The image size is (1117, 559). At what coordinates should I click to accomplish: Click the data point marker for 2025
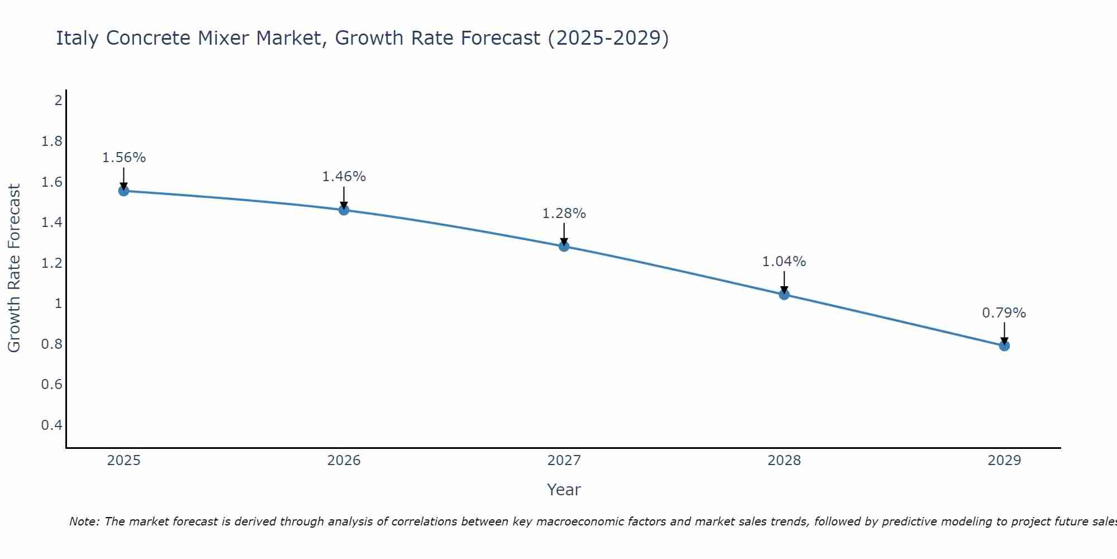(x=124, y=191)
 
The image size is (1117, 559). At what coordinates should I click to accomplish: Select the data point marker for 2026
(x=344, y=210)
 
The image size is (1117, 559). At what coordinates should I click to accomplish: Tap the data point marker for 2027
(x=564, y=247)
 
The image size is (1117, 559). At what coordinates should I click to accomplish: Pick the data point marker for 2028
(x=784, y=295)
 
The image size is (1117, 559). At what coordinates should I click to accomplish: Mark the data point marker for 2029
(x=1004, y=346)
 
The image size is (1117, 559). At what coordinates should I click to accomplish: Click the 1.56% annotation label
(x=124, y=158)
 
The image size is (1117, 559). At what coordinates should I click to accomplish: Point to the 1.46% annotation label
(x=344, y=177)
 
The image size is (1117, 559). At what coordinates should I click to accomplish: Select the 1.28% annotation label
(x=564, y=214)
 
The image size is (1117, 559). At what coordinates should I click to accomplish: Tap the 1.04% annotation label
(x=784, y=262)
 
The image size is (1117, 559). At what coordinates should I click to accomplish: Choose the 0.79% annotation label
(x=1004, y=313)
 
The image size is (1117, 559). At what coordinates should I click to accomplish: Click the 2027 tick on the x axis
(x=564, y=461)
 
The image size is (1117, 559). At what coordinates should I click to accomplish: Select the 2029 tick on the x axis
(x=1004, y=461)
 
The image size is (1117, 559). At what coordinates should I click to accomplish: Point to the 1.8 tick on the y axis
(x=52, y=141)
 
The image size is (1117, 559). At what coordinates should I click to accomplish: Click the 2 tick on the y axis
(x=58, y=101)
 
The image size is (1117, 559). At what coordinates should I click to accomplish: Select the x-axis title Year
(x=564, y=490)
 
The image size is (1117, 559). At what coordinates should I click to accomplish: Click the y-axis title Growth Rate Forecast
(x=14, y=268)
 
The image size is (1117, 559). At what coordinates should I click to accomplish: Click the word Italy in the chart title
(x=78, y=38)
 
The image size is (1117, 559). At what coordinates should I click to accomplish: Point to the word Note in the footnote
(x=84, y=522)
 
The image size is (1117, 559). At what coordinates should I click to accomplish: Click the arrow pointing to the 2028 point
(x=784, y=282)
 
